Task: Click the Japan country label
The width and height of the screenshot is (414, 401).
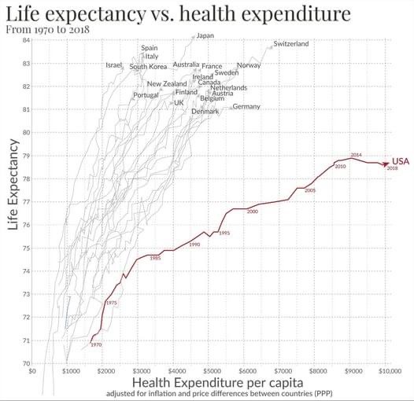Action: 205,35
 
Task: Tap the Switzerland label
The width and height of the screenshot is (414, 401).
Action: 291,44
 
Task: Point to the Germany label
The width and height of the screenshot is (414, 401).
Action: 246,106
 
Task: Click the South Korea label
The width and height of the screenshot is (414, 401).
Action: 148,67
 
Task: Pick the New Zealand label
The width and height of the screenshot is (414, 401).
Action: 167,83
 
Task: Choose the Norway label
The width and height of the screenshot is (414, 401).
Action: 249,66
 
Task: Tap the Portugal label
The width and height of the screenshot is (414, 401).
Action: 146,95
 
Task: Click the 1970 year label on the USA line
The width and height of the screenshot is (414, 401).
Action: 96,345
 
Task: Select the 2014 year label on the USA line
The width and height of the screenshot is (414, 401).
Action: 356,154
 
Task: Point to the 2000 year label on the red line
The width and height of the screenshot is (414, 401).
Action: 252,212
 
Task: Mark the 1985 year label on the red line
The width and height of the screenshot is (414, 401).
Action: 155,258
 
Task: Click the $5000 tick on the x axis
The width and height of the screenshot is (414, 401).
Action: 212,370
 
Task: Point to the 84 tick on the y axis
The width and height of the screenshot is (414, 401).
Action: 26,40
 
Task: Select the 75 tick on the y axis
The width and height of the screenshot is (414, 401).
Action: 26,248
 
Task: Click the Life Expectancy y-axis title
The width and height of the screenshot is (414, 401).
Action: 13,185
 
